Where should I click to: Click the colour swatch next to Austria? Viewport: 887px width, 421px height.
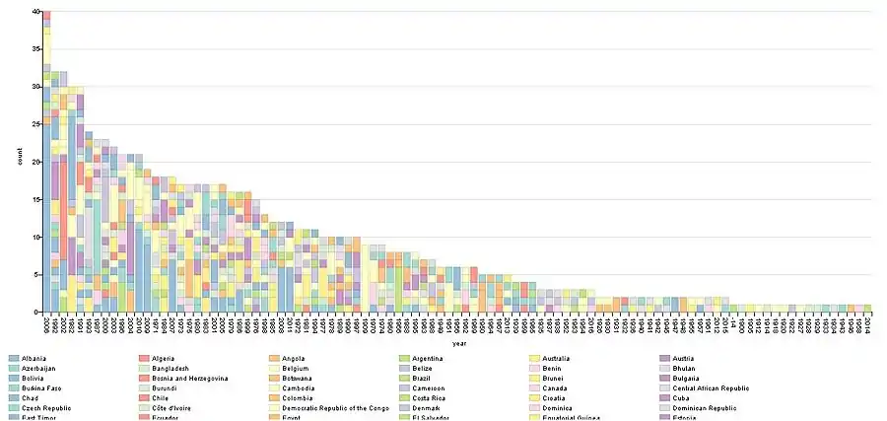tap(664, 357)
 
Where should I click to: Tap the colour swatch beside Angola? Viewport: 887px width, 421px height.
tap(274, 357)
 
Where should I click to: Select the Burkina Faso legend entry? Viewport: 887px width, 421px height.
tap(43, 389)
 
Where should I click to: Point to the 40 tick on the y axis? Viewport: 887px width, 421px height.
tap(34, 12)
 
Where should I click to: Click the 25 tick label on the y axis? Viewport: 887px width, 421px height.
tap(34, 124)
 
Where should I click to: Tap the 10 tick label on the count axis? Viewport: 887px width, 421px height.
tap(34, 237)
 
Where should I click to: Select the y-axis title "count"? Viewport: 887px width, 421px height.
tap(20, 162)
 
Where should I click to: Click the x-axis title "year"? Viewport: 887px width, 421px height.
tap(458, 344)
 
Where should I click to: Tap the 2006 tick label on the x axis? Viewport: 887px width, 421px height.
tap(46, 324)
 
